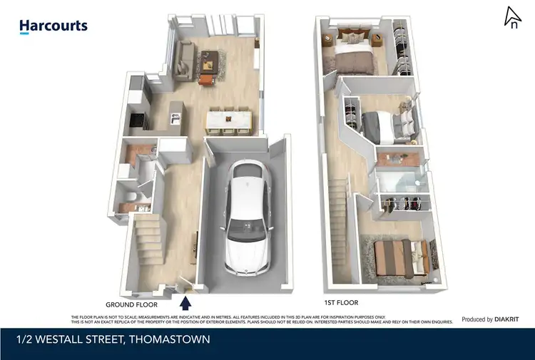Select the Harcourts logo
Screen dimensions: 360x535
pyautogui.click(x=53, y=26)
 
